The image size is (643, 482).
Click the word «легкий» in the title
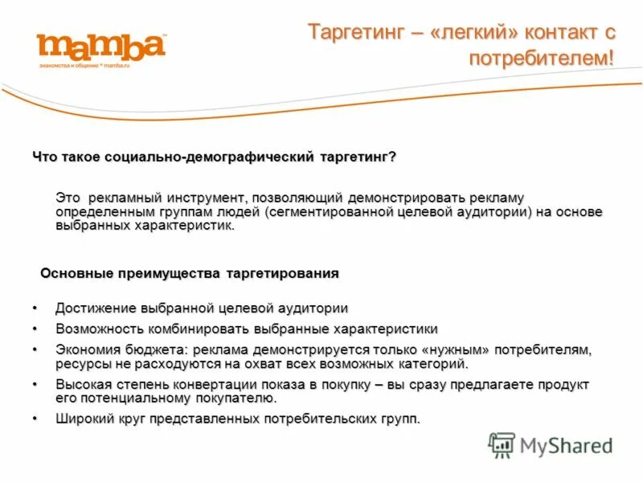[x=473, y=33]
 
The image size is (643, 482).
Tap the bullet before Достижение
[x=35, y=308]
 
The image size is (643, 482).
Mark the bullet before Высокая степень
[x=35, y=385]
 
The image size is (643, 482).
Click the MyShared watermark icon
[x=502, y=445]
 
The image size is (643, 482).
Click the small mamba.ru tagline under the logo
[x=84, y=65]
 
